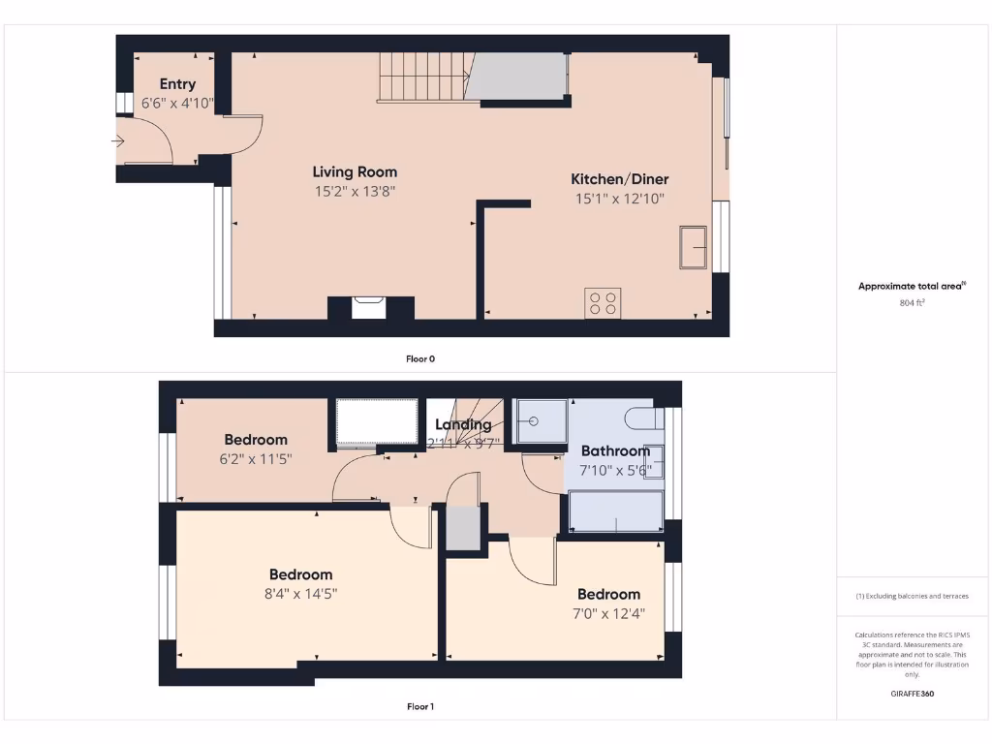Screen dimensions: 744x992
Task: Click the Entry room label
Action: (177, 84)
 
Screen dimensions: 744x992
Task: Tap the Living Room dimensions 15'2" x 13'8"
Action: (355, 192)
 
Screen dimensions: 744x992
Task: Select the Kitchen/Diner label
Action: (619, 179)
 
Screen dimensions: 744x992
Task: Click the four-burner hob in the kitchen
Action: (603, 303)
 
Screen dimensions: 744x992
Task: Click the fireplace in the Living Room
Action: (370, 308)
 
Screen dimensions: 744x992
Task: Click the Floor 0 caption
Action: (419, 358)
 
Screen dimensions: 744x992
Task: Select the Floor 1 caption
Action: (419, 706)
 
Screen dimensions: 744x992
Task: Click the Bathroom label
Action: (615, 450)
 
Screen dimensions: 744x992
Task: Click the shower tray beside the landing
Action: (541, 421)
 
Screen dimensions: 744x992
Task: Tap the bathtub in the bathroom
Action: (616, 511)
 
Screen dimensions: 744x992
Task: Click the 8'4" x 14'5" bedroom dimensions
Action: (300, 594)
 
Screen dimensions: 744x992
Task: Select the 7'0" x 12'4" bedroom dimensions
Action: (608, 613)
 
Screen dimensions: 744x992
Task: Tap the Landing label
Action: (463, 424)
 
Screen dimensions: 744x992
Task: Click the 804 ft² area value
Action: (912, 303)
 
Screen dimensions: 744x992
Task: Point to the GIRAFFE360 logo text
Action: (912, 694)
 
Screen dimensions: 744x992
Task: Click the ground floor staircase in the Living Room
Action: (422, 77)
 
